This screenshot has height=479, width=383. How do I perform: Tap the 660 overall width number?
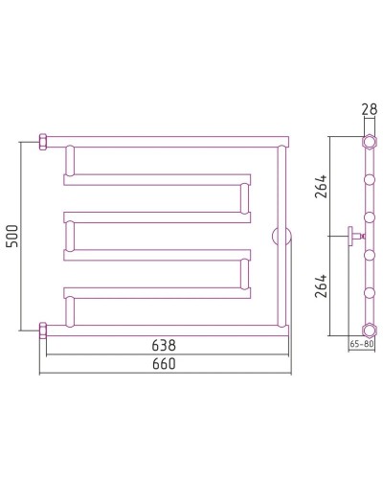click(164, 364)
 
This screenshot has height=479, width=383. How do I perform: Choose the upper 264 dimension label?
click(322, 186)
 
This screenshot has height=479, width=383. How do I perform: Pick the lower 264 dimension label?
click(322, 286)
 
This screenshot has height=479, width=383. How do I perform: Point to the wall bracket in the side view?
click(355, 235)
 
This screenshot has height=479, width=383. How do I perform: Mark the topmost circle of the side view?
click(368, 142)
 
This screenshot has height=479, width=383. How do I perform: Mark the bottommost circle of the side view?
click(368, 329)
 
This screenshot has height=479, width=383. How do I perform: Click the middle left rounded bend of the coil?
click(69, 236)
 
